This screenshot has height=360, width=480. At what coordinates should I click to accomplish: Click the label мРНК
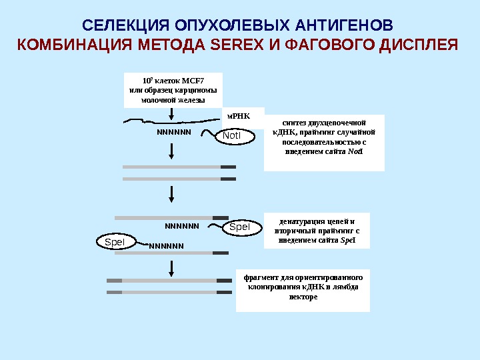click(x=237, y=115)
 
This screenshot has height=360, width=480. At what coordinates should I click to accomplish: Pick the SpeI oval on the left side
click(x=115, y=242)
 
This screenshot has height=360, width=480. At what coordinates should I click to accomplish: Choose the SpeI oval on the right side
click(x=239, y=227)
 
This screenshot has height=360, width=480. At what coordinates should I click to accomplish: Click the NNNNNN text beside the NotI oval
click(x=174, y=131)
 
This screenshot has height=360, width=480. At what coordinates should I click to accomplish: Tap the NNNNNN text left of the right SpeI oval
click(x=182, y=226)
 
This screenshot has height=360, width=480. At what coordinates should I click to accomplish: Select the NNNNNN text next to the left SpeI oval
click(x=166, y=245)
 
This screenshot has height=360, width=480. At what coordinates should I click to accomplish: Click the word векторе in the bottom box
click(x=303, y=297)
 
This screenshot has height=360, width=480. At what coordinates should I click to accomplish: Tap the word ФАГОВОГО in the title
click(x=310, y=45)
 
